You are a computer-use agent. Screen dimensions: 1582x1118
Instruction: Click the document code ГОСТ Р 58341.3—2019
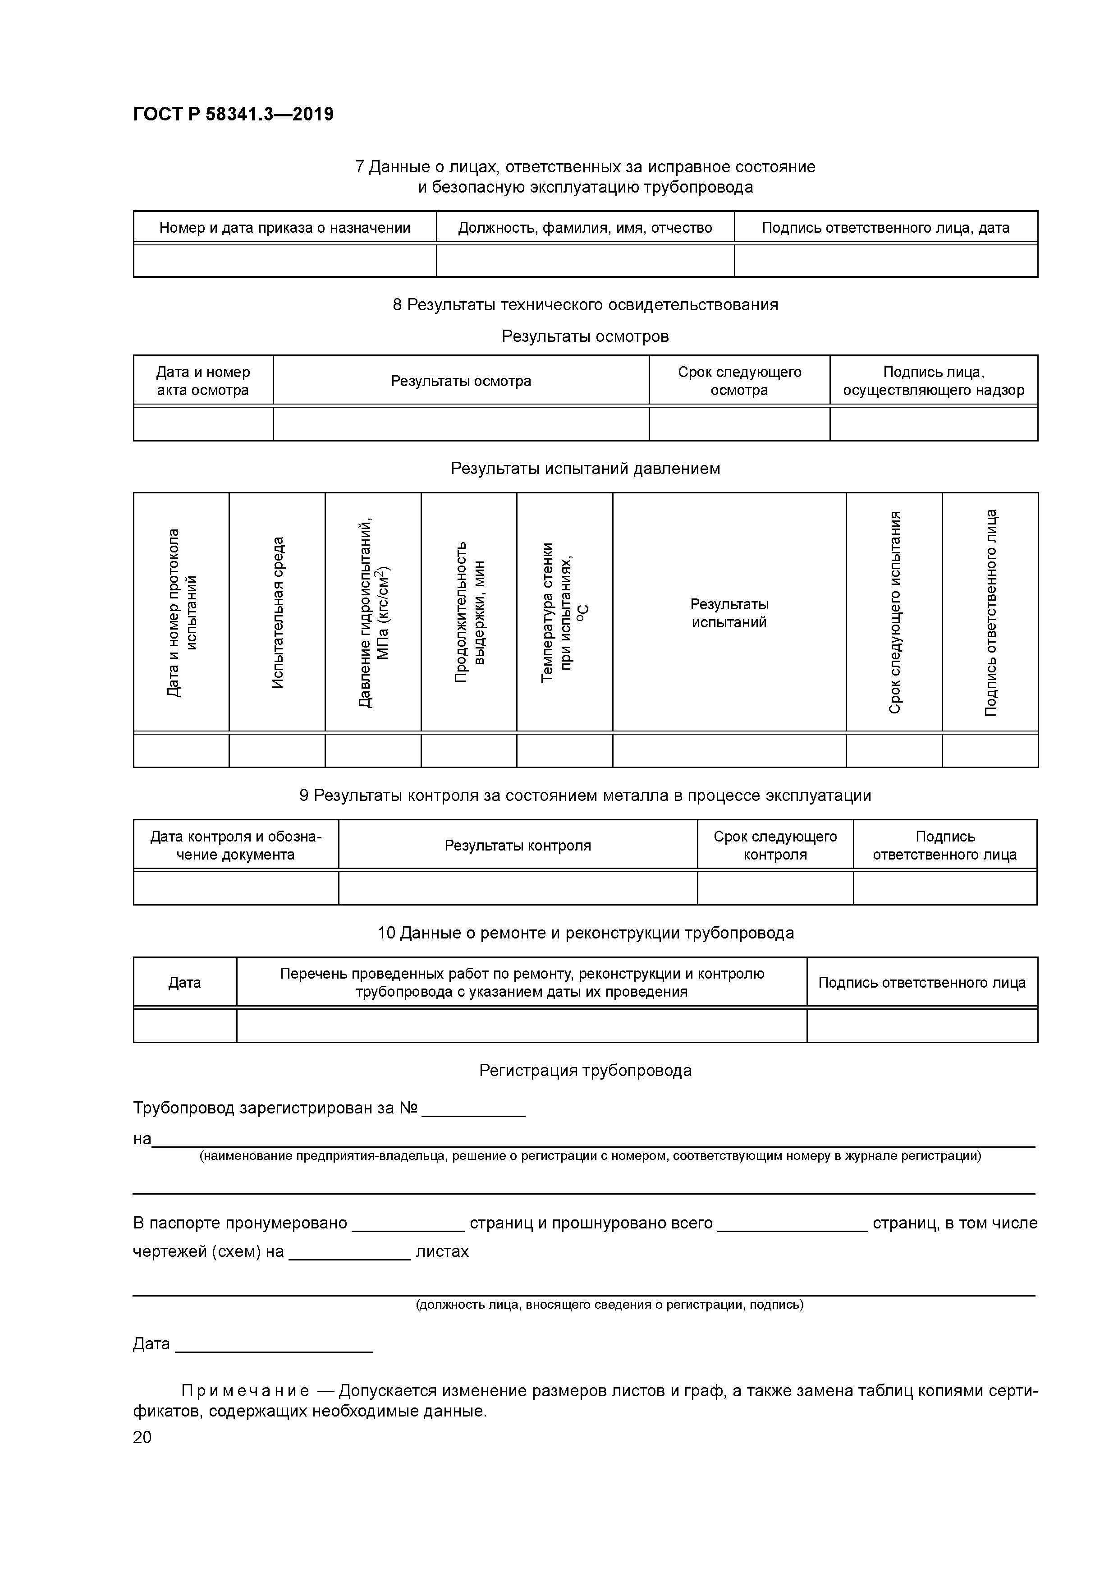coord(233,115)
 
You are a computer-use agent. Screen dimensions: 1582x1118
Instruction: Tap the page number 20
coord(142,1437)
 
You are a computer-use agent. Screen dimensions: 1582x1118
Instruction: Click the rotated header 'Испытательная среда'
coord(277,612)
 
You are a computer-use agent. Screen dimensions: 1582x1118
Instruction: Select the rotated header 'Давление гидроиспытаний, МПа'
coord(373,612)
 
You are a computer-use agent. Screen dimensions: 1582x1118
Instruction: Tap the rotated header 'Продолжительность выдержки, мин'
coord(469,612)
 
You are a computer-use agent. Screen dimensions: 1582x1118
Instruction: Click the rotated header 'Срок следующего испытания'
coord(894,612)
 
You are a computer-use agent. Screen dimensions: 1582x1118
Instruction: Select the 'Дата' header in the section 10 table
coord(185,983)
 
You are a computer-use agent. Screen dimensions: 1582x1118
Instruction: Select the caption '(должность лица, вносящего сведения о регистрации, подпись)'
coord(609,1304)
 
